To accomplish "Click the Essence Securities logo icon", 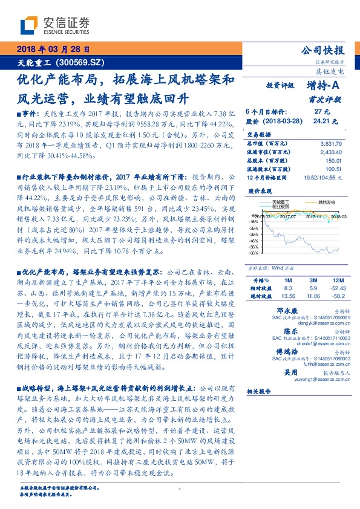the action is [31, 25].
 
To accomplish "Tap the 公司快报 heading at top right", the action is [327, 51].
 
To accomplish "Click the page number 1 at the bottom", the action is [180, 488].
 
